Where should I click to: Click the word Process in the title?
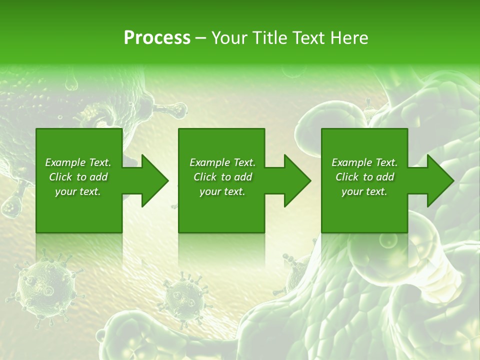(x=157, y=37)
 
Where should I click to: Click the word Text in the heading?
(x=307, y=37)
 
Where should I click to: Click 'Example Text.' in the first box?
(x=78, y=162)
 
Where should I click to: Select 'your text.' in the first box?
(x=78, y=191)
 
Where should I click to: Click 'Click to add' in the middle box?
(x=222, y=177)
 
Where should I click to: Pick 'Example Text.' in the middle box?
(x=222, y=162)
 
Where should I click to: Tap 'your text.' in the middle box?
(x=222, y=191)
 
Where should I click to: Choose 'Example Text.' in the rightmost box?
(x=364, y=162)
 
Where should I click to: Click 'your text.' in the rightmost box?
(x=364, y=191)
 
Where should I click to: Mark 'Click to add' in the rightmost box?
(x=364, y=177)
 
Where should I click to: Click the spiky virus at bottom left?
(x=42, y=287)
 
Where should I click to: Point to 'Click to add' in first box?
(x=78, y=177)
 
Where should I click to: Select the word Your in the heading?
(x=229, y=37)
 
